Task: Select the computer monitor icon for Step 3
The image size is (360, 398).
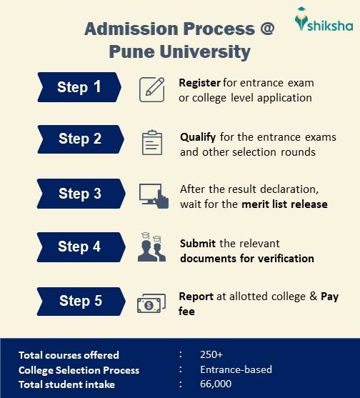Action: [153, 195]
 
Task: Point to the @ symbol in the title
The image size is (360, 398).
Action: [265, 29]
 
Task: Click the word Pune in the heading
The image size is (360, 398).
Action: [132, 51]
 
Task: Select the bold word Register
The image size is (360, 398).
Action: [200, 82]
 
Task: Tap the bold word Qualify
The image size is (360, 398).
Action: [197, 136]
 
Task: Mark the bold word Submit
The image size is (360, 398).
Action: [197, 243]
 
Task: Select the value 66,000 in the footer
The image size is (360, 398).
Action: [215, 384]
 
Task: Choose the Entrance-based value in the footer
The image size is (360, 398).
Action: [236, 369]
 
